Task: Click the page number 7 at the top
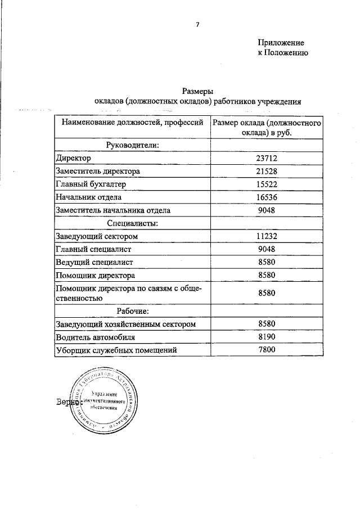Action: tap(197, 24)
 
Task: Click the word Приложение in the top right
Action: tap(281, 43)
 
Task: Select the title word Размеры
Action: tap(198, 91)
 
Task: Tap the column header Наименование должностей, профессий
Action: tap(132, 122)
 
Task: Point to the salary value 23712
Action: tap(267, 159)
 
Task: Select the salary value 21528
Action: tap(267, 171)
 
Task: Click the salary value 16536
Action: tap(267, 197)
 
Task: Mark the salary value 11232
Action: tap(267, 236)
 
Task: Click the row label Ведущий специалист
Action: tap(96, 262)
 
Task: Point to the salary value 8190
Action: tap(267, 337)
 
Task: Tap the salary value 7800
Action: tap(267, 350)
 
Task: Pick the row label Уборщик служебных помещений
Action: tap(116, 350)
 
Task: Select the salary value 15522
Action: tap(267, 184)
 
